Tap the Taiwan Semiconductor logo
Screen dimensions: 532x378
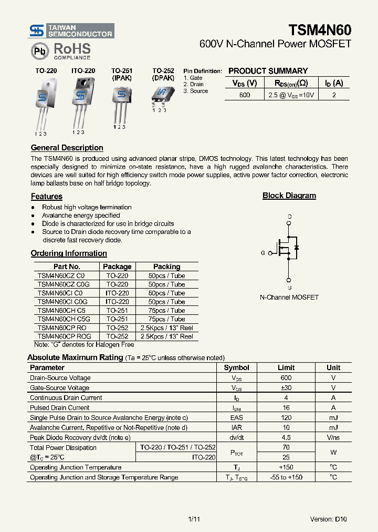point(71,30)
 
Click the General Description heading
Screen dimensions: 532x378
point(67,148)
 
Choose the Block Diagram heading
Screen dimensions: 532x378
point(289,196)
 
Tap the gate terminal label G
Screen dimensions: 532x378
point(262,253)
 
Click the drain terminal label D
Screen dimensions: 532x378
point(289,217)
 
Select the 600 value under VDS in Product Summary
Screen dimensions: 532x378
point(245,95)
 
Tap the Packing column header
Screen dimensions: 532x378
point(166,267)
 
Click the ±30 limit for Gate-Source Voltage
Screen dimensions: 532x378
point(286,388)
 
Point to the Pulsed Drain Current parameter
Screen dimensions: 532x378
point(59,407)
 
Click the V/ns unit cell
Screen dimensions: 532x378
point(333,437)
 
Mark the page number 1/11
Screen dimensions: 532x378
point(194,519)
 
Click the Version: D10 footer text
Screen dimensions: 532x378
point(328,519)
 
